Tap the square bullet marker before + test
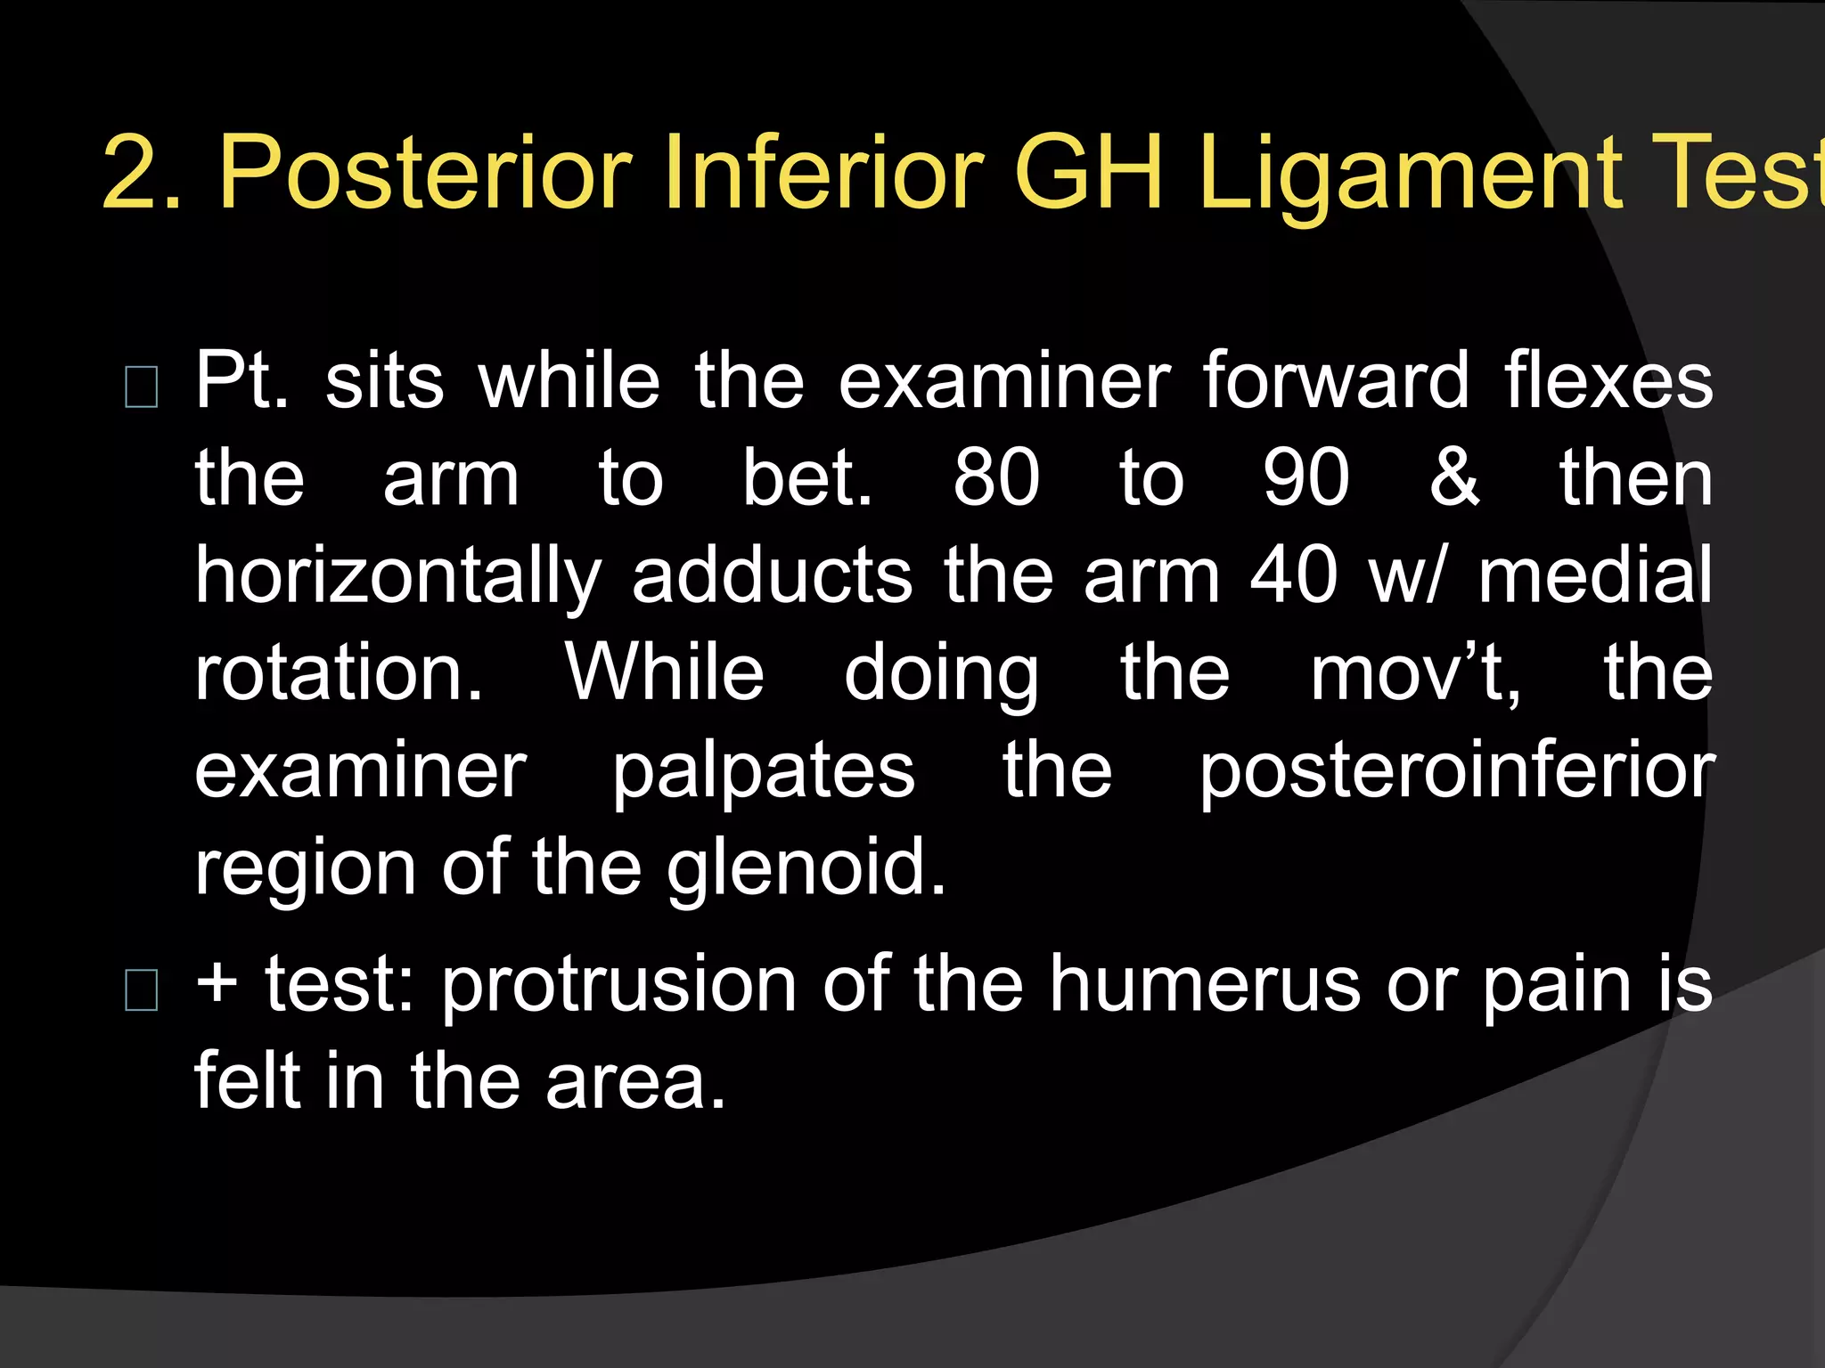click(143, 990)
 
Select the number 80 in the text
click(995, 478)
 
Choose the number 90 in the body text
click(1305, 478)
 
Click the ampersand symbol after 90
click(1454, 478)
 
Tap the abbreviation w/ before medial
click(1405, 575)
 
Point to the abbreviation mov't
click(1415, 674)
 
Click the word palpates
click(763, 772)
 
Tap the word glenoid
click(806, 868)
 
